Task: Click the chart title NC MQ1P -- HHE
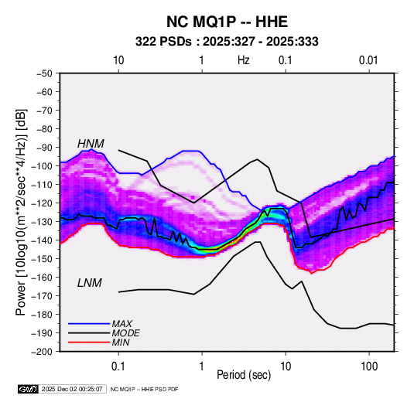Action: point(227,22)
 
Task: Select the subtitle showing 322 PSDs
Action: point(227,42)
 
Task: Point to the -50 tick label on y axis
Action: point(44,73)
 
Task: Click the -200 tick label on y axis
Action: point(43,352)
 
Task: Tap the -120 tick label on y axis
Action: point(43,203)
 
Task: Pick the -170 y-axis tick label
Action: point(43,296)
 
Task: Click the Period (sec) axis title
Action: point(244,375)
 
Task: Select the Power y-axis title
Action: point(21,212)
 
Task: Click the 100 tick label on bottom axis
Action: point(369,366)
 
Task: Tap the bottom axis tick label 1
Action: point(202,366)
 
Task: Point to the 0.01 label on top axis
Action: point(368,60)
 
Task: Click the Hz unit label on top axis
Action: point(244,60)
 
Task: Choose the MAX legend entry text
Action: point(121,324)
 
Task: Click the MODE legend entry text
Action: point(125,333)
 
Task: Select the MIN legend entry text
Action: point(121,343)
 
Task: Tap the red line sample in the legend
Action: point(89,343)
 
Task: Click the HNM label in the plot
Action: point(91,144)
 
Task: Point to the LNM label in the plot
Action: point(90,283)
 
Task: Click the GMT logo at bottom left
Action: point(29,389)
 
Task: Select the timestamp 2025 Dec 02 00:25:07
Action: point(72,389)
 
